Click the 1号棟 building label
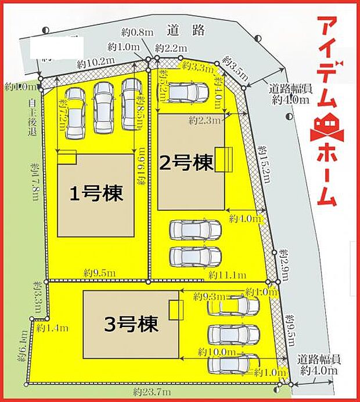click(x=96, y=194)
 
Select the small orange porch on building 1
click(x=66, y=157)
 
